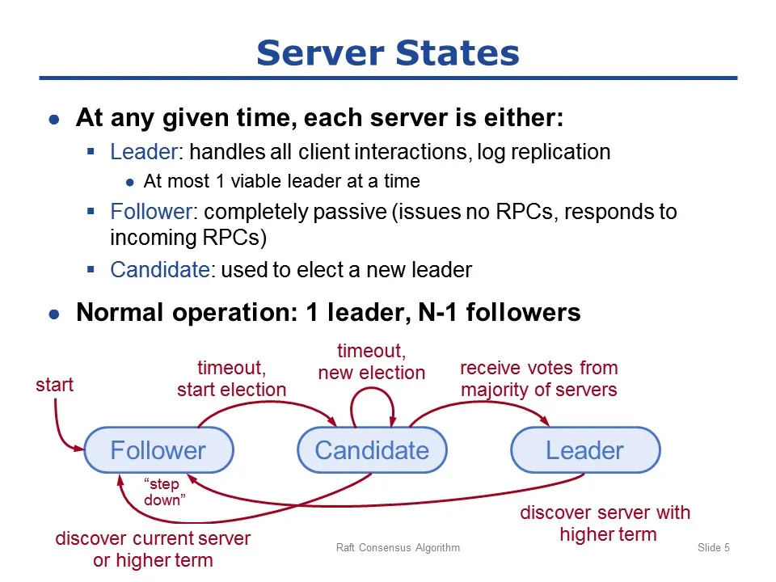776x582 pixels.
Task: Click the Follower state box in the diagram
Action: click(159, 450)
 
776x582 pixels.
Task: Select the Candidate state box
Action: click(372, 450)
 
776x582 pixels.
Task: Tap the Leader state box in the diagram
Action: click(585, 450)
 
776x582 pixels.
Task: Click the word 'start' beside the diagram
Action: click(54, 385)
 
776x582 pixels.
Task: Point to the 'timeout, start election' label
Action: click(232, 378)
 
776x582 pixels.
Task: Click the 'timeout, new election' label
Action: click(372, 362)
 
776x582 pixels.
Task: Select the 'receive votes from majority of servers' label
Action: click(539, 378)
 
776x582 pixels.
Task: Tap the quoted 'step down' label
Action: click(164, 492)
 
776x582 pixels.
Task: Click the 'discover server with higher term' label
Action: click(605, 523)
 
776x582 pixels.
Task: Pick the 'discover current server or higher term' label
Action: click(153, 549)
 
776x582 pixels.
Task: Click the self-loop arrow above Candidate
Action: click(372, 388)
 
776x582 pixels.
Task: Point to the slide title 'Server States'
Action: click(388, 53)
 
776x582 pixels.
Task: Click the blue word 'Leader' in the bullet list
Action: click(144, 152)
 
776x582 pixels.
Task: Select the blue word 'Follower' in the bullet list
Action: click(151, 212)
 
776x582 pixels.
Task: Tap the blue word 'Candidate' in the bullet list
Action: click(160, 270)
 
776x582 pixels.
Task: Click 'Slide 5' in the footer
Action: click(714, 547)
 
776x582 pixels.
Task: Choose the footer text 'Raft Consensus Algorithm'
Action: click(398, 547)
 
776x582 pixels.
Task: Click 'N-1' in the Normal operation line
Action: click(437, 312)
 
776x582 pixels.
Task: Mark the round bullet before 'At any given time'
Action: click(54, 120)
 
